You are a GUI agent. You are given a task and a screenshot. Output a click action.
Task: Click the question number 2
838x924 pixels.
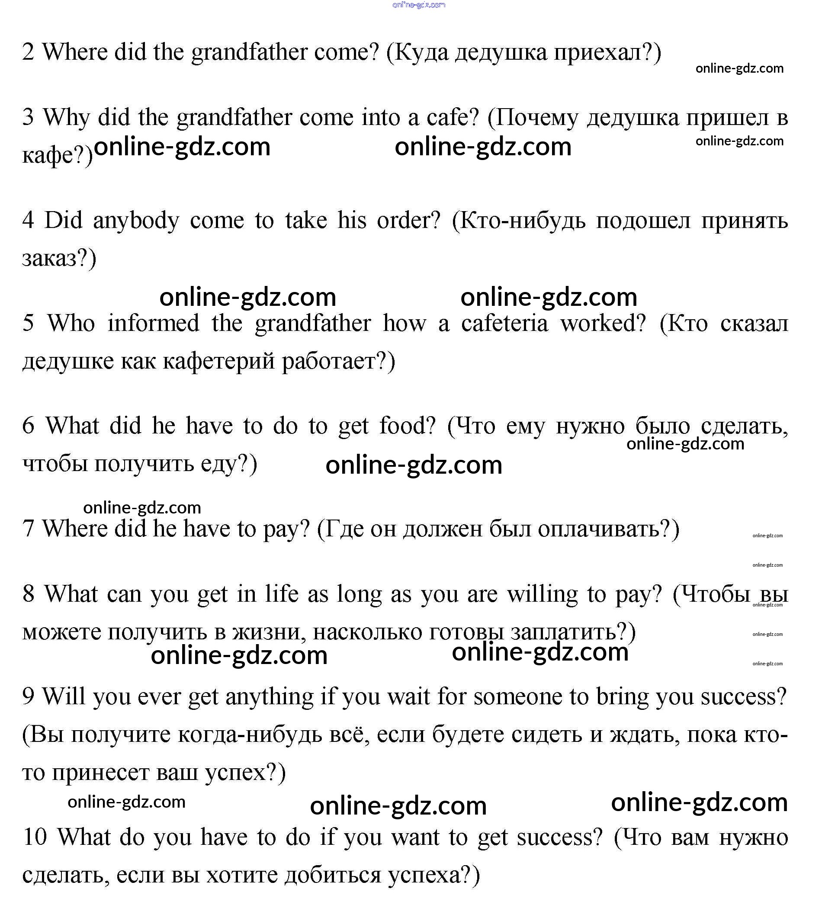28,52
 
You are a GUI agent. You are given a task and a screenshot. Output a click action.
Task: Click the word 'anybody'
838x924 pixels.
136,221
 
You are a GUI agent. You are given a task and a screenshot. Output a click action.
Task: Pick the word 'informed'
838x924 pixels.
153,323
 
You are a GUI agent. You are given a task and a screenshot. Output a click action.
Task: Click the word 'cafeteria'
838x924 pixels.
504,323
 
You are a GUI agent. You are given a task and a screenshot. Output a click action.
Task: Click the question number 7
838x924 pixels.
28,529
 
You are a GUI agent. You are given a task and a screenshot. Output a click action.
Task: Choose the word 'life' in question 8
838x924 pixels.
282,594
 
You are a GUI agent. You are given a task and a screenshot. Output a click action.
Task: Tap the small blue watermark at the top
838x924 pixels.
418,5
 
